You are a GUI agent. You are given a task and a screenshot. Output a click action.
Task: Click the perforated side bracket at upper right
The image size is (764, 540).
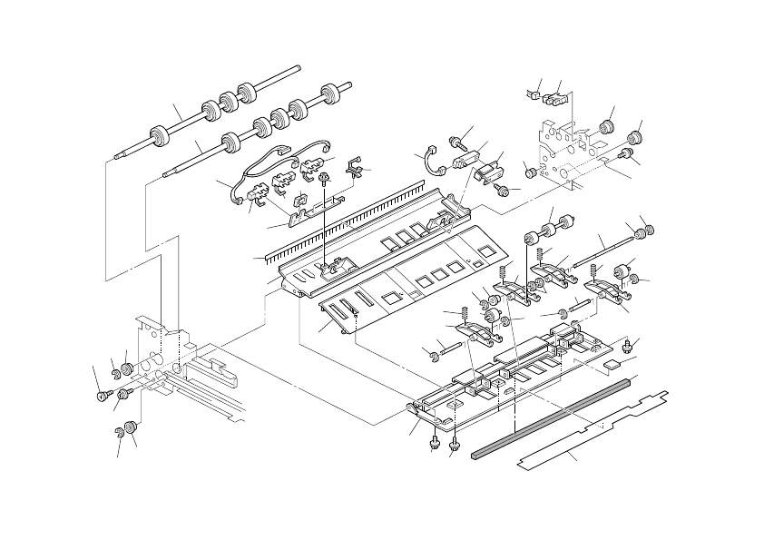click(563, 145)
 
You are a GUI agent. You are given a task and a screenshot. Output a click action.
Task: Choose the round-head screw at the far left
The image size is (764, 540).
click(102, 395)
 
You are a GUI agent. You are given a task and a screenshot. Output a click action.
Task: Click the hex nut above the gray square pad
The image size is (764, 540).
click(627, 346)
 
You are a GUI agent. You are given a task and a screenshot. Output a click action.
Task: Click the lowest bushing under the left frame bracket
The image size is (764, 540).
click(130, 426)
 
